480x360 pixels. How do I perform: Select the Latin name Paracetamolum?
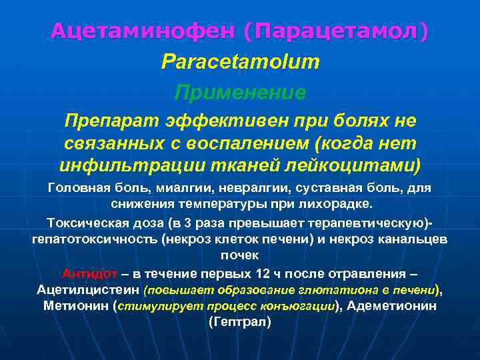(x=240, y=62)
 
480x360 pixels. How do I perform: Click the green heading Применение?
(x=240, y=92)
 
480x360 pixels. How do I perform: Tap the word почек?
(x=239, y=255)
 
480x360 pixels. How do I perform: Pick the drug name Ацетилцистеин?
(x=89, y=289)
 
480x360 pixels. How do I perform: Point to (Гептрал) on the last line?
(x=239, y=322)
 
